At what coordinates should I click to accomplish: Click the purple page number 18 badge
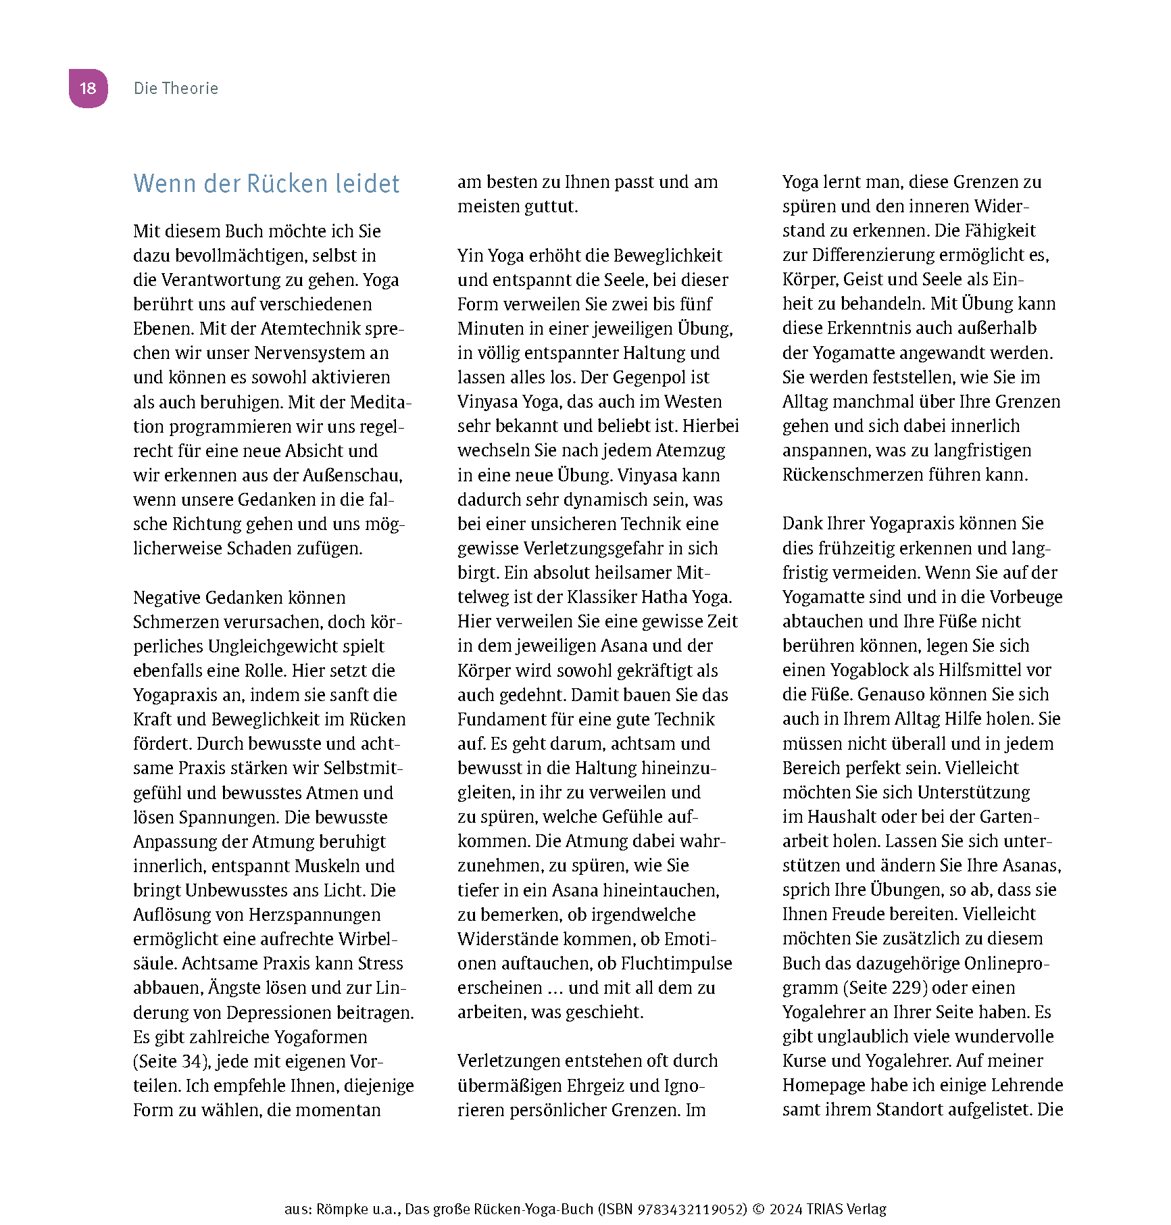[x=88, y=89]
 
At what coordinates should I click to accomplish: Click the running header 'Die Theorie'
[x=176, y=89]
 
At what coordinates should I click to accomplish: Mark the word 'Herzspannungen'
[x=315, y=915]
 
